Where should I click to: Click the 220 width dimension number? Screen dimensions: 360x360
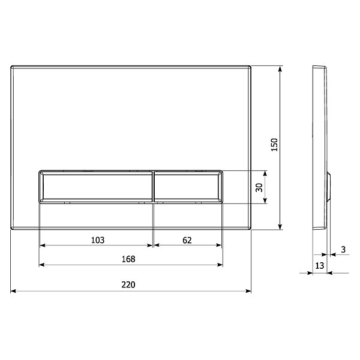pos(128,284)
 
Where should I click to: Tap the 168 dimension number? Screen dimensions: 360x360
pos(128,259)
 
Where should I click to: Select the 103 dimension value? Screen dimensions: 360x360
pos(98,240)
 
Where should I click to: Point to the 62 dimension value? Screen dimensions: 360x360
pos(187,241)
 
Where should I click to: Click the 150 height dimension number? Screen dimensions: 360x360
pos(274,145)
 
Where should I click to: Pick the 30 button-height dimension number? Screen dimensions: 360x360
pos(259,187)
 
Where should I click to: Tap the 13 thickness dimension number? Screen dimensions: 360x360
pos(319,266)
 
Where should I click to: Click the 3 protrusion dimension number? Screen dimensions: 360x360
pos(343,250)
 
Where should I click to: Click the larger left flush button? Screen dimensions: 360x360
pos(96,187)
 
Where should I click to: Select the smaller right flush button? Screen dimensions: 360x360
pos(188,187)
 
